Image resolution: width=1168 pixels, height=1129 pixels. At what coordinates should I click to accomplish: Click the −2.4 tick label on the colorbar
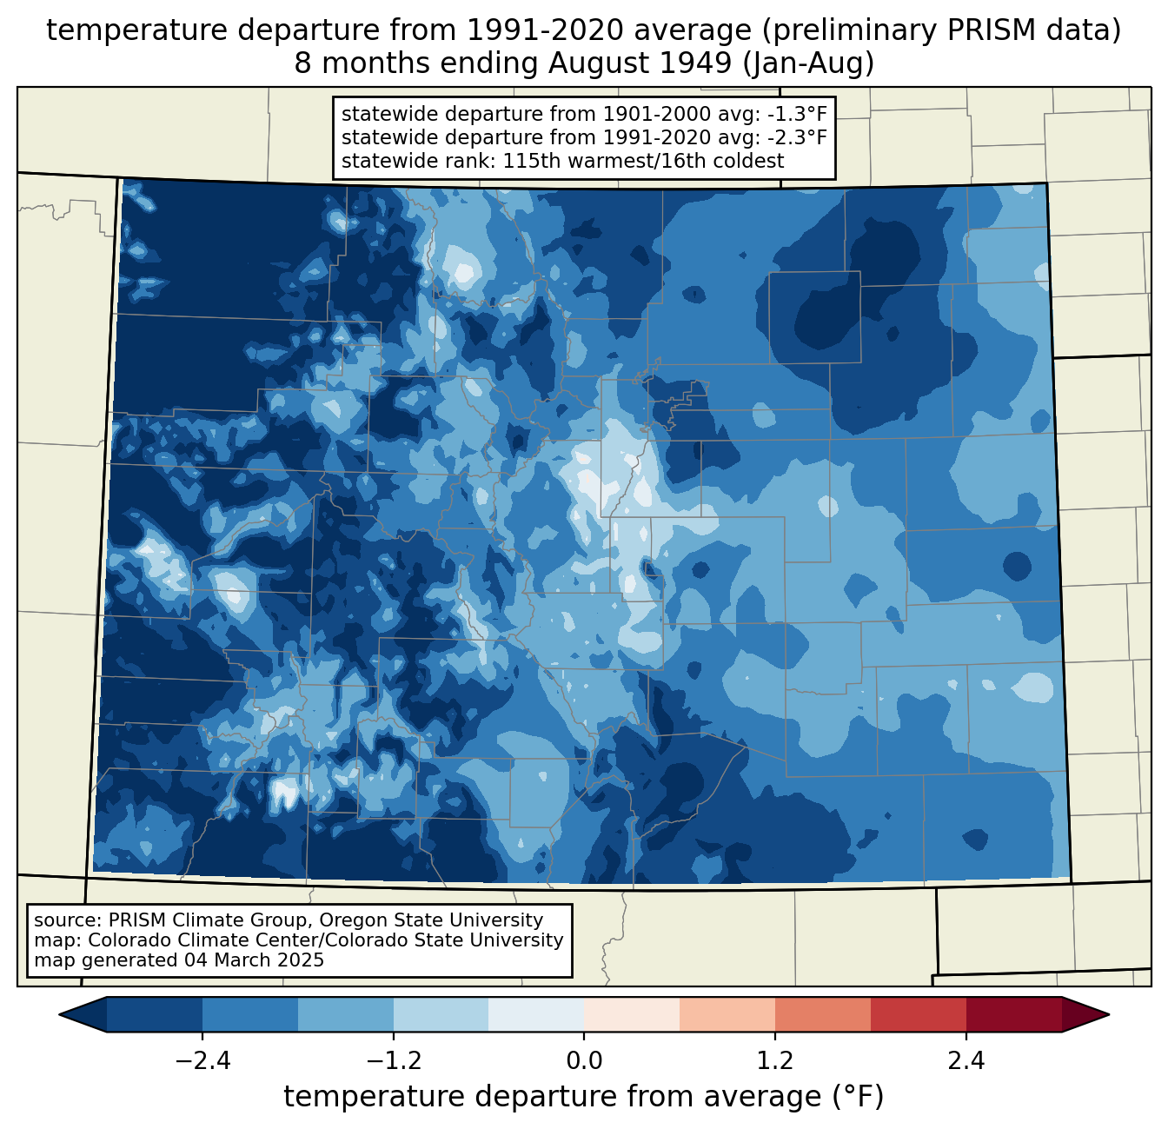tap(202, 1061)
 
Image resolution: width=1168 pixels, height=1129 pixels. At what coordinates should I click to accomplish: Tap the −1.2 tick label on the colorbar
tap(393, 1061)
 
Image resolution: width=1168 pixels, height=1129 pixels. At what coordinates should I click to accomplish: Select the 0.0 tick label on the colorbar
tap(584, 1061)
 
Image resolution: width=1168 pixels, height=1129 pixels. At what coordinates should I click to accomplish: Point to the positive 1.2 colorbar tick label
tap(775, 1061)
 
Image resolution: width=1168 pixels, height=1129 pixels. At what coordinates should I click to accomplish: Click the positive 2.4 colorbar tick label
tap(966, 1061)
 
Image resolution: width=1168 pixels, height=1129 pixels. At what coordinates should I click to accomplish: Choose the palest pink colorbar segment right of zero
tap(632, 1014)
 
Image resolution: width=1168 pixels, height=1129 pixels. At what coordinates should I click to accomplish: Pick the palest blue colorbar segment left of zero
tap(536, 1014)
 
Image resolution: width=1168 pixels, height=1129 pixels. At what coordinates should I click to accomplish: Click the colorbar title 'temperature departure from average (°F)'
tap(584, 1097)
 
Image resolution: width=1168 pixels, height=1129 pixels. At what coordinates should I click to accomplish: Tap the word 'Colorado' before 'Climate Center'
tap(124, 940)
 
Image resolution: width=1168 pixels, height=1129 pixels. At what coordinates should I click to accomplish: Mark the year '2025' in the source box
tap(302, 960)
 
